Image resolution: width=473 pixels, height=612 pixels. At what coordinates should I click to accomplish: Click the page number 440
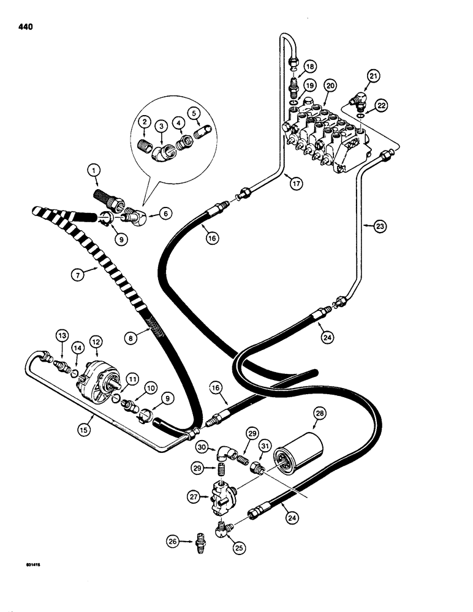point(26,27)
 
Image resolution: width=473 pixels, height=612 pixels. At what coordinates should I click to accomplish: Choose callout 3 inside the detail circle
point(162,124)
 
